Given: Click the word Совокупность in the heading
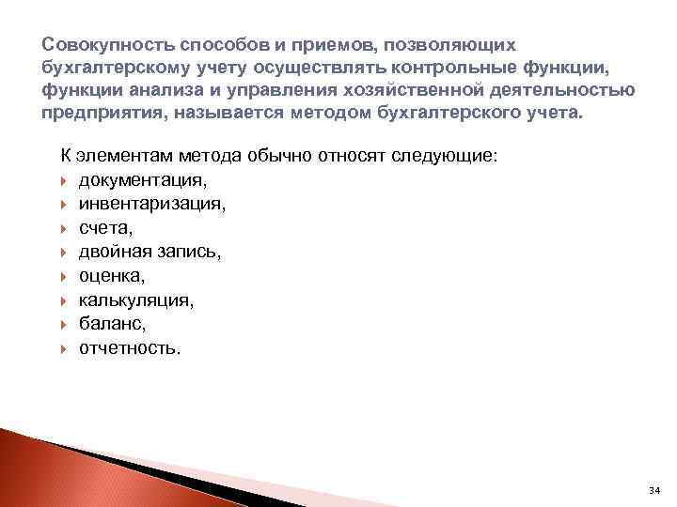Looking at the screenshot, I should pyautogui.click(x=99, y=46).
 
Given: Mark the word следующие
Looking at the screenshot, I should pyautogui.click(x=438, y=155).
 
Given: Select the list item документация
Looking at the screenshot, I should pyautogui.click(x=128, y=179).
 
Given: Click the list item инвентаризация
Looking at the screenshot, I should pyautogui.click(x=138, y=203).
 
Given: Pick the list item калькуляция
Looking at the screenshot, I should pyautogui.click(x=136, y=300).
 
